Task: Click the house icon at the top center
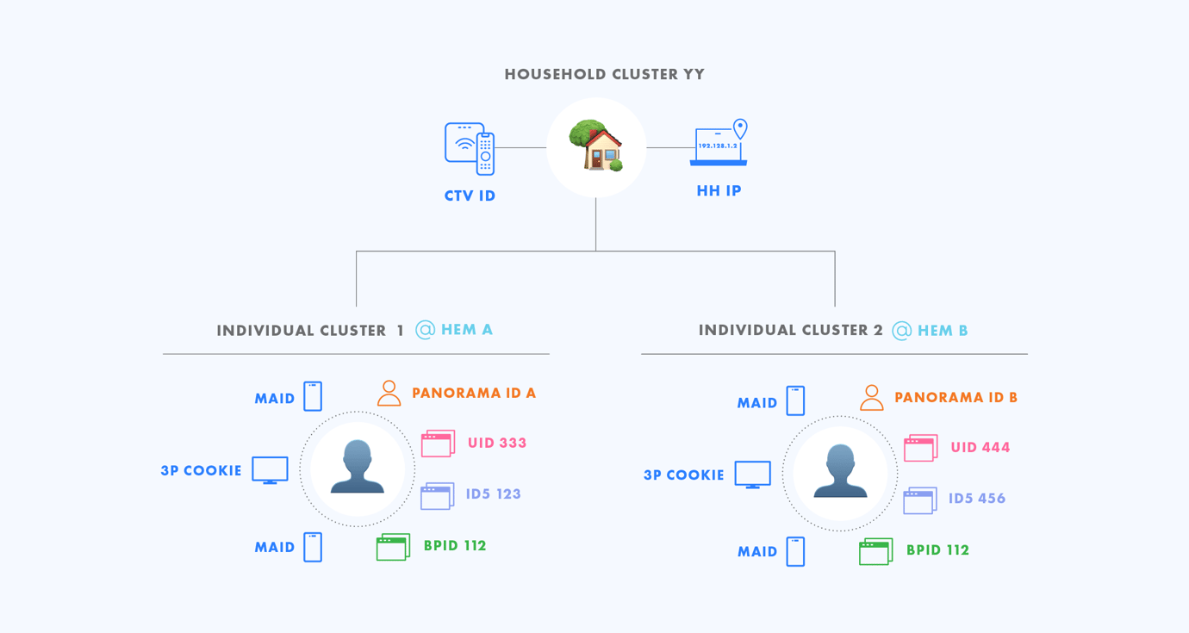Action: [x=595, y=146]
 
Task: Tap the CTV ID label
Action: [x=470, y=196]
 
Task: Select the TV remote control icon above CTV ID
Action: [x=486, y=153]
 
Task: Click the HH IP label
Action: [x=719, y=191]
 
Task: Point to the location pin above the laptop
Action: [x=740, y=128]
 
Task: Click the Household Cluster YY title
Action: [x=604, y=74]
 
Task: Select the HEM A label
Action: [x=467, y=330]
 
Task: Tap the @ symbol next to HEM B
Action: [x=901, y=331]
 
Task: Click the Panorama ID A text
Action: [x=474, y=394]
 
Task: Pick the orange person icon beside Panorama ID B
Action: [x=871, y=398]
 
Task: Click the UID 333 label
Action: [x=497, y=444]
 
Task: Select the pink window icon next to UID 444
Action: [x=920, y=448]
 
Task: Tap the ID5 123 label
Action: [x=494, y=494]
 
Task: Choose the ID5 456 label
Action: [x=977, y=499]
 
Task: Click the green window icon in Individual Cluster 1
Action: [x=393, y=547]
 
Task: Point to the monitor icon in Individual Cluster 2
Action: [x=752, y=475]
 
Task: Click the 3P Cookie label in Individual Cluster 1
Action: [x=201, y=471]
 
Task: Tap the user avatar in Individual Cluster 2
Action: [x=840, y=473]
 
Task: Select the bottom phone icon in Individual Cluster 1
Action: [x=313, y=547]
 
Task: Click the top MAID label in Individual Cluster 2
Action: [x=757, y=403]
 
